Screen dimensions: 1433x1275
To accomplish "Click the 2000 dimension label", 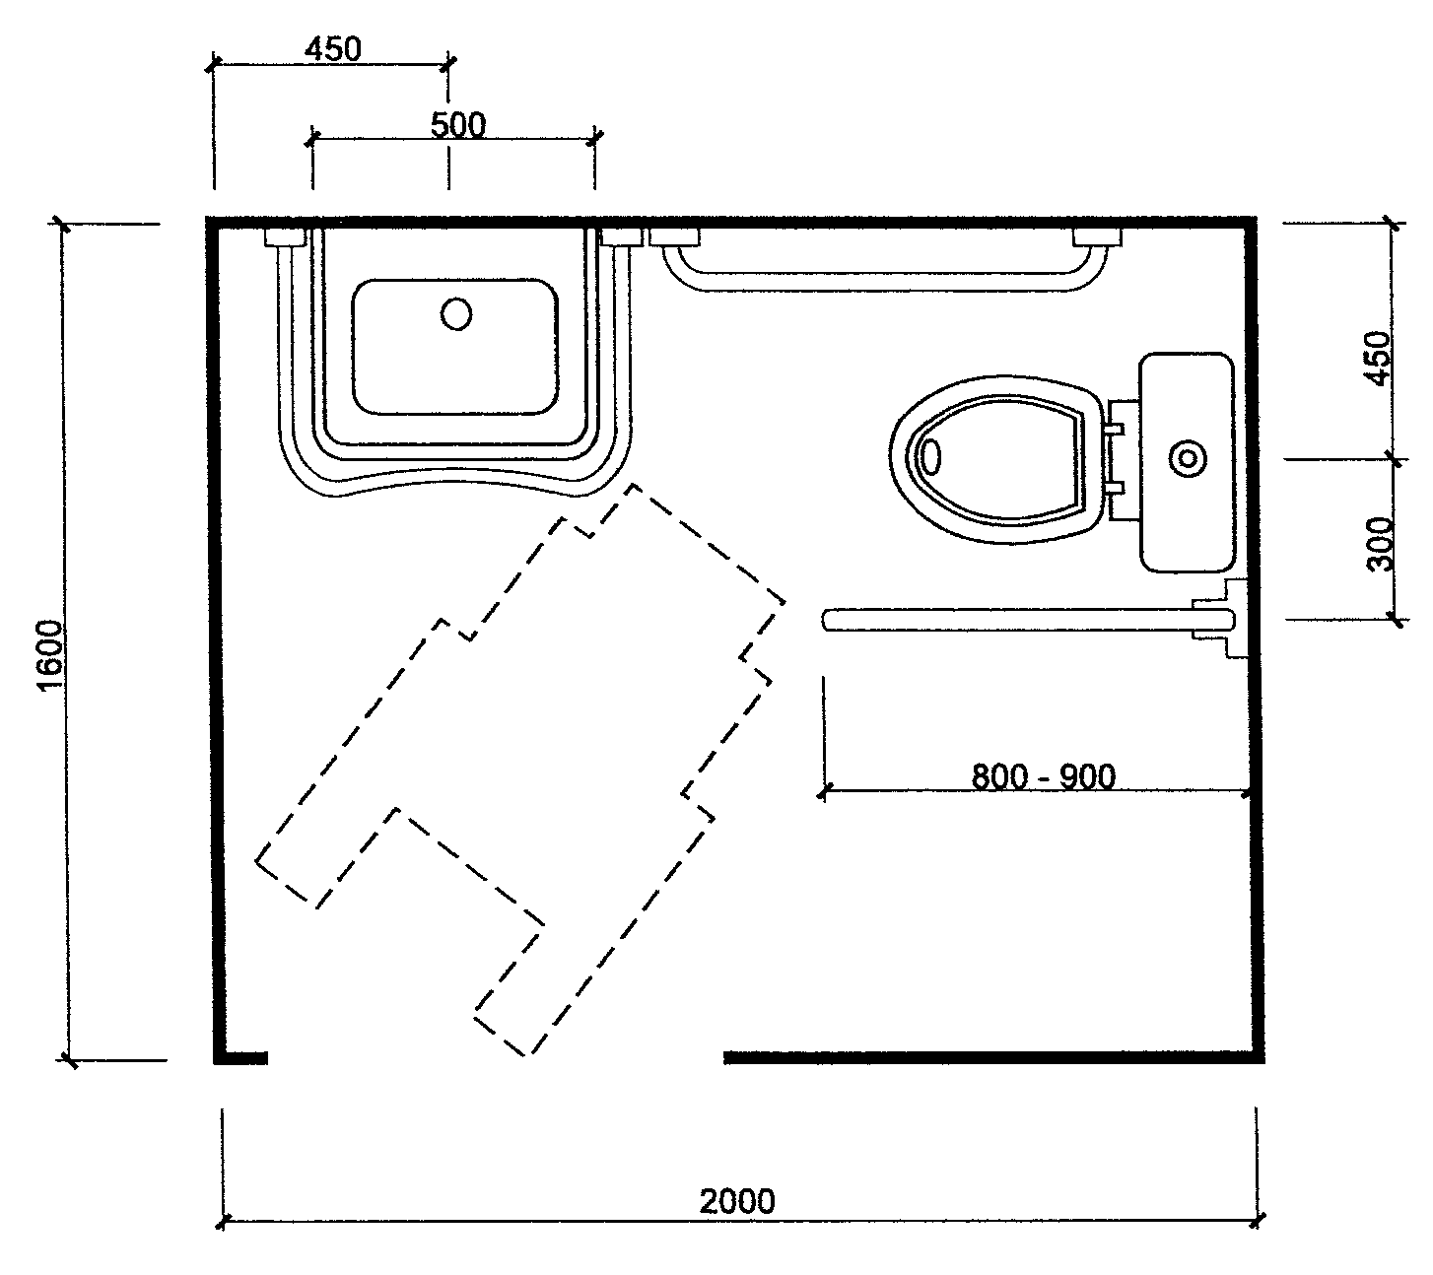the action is click(x=737, y=1201).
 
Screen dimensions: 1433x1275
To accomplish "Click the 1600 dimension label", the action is click(x=50, y=656).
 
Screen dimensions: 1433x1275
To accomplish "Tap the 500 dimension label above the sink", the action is click(x=458, y=126).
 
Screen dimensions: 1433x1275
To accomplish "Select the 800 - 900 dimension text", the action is click(x=1044, y=776).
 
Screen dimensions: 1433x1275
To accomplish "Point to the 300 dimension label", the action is click(x=1379, y=544).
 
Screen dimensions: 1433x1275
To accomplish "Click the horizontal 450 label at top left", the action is click(x=333, y=49).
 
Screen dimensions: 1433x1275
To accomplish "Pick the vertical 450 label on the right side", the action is click(x=1379, y=358).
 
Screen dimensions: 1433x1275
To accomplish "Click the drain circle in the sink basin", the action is click(x=456, y=314).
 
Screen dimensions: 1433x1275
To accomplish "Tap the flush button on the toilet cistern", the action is click(x=1189, y=459).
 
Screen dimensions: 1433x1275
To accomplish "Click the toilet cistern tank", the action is click(x=1188, y=462).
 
